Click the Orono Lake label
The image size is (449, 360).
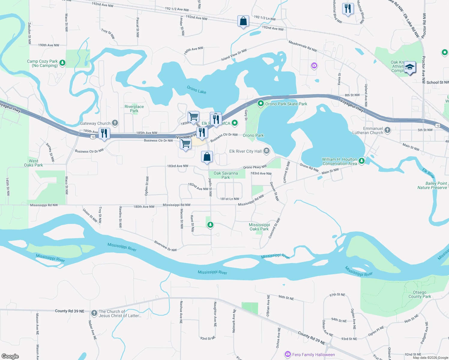point(196,90)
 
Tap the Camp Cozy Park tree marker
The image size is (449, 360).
point(62,63)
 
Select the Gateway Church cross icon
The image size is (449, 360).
point(115,123)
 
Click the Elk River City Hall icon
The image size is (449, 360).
point(266,151)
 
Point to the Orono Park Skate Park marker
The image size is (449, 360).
point(261,104)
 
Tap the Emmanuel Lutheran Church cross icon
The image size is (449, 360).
point(387,130)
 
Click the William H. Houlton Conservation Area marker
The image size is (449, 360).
point(362,161)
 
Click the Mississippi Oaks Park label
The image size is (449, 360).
point(259,227)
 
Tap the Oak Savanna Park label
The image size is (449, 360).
point(226,175)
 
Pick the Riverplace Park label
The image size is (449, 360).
point(134,109)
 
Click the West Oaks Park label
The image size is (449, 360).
point(33,163)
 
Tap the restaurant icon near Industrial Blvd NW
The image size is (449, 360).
point(348,8)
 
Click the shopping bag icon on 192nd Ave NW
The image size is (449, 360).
point(243,21)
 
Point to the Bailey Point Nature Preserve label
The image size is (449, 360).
point(432,185)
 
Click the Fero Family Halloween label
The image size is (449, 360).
point(313,355)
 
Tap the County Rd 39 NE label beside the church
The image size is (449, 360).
point(70,311)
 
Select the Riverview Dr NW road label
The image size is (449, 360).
point(165,246)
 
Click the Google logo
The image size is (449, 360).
point(10,356)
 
